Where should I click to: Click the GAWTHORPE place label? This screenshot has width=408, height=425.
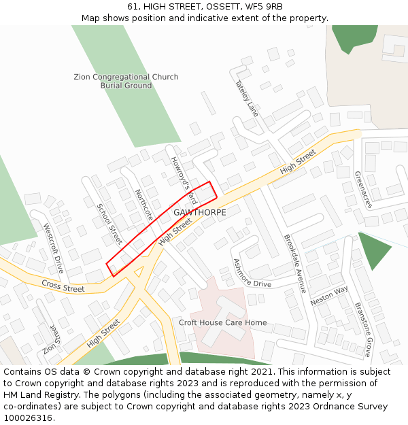[x=199, y=212]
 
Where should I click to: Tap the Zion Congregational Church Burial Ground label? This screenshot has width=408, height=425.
[x=126, y=81]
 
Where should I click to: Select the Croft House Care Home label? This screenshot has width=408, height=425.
[x=222, y=322]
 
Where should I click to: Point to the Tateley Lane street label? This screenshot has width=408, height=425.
[x=247, y=99]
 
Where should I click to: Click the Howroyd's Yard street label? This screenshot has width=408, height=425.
[x=183, y=180]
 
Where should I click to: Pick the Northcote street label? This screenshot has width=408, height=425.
[x=144, y=205]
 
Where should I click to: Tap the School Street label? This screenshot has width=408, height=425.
[x=109, y=224]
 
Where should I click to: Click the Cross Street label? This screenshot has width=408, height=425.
[x=63, y=286]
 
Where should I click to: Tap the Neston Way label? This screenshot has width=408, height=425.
[x=328, y=295]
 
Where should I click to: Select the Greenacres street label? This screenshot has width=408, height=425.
[x=363, y=189]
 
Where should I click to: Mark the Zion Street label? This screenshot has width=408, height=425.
[x=50, y=338]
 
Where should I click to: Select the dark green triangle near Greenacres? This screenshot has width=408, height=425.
[x=374, y=249]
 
